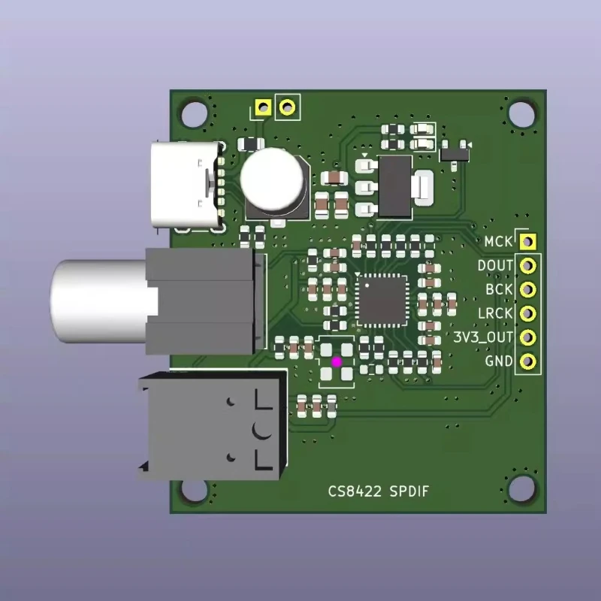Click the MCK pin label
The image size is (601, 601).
coord(498,241)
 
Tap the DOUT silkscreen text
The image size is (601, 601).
coord(495,266)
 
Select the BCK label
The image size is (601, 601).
coord(499,289)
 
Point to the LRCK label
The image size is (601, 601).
coord(495,313)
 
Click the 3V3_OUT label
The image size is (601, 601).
coord(483,337)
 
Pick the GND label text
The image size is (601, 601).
coord(499,361)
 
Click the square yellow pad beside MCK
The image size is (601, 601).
coord(528,241)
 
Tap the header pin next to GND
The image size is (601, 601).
coord(528,361)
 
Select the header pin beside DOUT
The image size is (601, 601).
coord(528,266)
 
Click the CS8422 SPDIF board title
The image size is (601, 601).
coord(379,491)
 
